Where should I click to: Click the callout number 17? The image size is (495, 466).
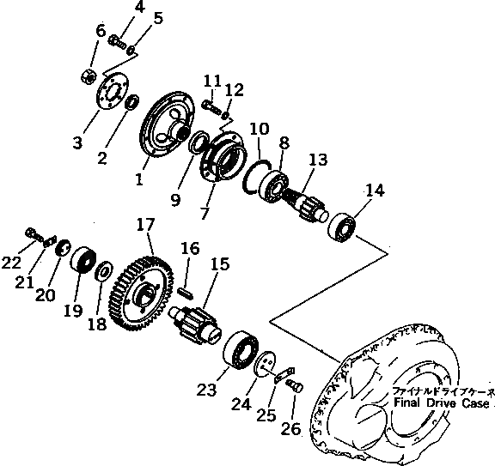144,225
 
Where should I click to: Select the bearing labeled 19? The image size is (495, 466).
82,260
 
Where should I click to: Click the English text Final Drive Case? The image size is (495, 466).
442,402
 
